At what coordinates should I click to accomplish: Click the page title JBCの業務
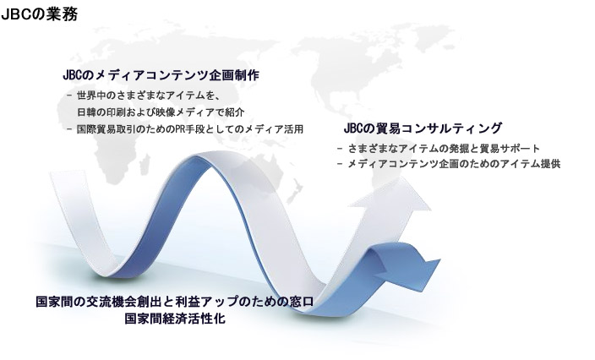pos(40,15)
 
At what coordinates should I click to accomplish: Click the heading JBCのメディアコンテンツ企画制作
pos(161,75)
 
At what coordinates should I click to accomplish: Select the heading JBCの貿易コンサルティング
pos(423,128)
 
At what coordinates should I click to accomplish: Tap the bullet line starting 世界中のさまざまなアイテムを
pos(144,95)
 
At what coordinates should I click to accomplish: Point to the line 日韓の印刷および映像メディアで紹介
pos(161,112)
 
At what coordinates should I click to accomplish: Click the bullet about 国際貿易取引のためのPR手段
pos(185,129)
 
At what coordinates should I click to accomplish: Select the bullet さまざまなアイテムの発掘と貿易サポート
pos(439,149)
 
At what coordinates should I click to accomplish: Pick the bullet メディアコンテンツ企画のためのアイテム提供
pos(449,164)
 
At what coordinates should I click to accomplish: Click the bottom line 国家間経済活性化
pos(175,319)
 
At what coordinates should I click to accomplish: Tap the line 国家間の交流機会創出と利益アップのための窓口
pos(175,302)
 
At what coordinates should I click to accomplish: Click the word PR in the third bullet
pos(179,129)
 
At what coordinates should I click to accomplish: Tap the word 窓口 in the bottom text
pos(302,302)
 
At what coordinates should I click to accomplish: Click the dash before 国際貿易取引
pos(69,129)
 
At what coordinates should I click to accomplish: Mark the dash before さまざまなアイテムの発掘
pos(340,149)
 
